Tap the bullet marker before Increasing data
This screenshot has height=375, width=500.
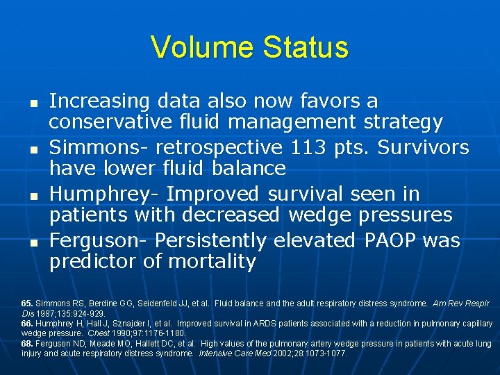click(33, 101)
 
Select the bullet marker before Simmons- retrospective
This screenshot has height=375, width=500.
click(33, 148)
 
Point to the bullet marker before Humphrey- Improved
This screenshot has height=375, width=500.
click(33, 194)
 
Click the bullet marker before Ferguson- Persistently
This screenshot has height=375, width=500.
click(33, 241)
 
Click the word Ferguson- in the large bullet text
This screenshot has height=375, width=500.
click(99, 240)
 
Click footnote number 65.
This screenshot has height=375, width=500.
click(27, 304)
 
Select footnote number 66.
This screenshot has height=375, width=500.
click(27, 324)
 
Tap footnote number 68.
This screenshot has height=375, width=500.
click(27, 344)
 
